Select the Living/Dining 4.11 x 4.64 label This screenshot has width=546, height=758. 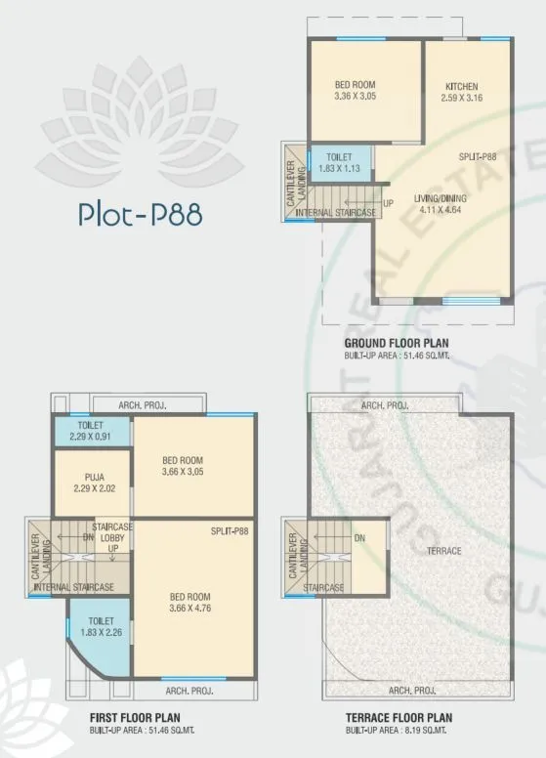pyautogui.click(x=439, y=203)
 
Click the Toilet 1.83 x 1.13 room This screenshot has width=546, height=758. pyautogui.click(x=341, y=161)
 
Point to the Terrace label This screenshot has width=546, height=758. pyautogui.click(x=443, y=551)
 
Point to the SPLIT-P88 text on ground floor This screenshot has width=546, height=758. pyautogui.click(x=478, y=156)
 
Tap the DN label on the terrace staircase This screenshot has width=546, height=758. pyautogui.click(x=359, y=538)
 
